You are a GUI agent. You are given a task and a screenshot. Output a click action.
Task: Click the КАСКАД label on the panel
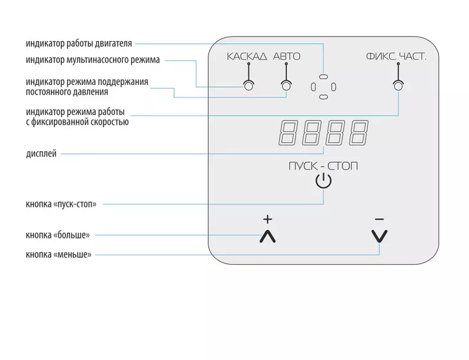tap(247, 57)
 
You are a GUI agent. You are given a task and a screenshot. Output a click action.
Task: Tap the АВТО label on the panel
tap(287, 57)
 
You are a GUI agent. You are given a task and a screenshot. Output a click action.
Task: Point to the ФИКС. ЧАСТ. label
tap(396, 57)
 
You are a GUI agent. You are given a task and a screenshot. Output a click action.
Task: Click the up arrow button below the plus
tap(268, 237)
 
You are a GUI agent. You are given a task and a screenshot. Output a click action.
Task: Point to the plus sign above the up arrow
tap(268, 219)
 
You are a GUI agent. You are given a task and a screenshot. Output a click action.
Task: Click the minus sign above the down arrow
tap(379, 219)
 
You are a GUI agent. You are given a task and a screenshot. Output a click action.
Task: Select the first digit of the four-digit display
tap(288, 133)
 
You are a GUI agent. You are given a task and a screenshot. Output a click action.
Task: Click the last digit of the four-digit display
tap(359, 133)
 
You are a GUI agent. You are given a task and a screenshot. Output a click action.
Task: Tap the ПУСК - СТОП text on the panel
tap(323, 166)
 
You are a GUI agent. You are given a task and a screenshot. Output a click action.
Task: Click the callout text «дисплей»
tap(41, 154)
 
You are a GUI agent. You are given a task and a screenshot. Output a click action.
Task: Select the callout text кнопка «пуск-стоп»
tap(61, 204)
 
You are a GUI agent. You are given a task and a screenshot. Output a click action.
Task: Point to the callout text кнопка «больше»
tap(58, 235)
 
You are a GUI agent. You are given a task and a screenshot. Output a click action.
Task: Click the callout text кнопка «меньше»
tap(58, 255)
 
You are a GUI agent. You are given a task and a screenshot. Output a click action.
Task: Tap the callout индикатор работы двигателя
tap(79, 44)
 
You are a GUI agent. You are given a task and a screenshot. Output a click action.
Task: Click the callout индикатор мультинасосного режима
tap(93, 60)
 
